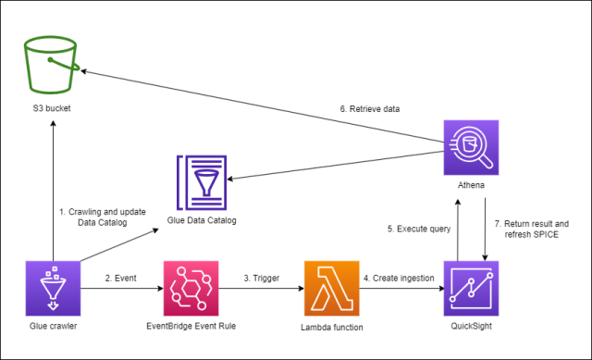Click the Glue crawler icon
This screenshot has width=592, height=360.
(52, 289)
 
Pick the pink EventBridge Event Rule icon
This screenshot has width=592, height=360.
(191, 289)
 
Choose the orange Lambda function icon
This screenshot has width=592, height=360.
(331, 289)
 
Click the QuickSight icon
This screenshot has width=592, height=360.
(471, 289)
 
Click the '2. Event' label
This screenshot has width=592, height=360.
(121, 277)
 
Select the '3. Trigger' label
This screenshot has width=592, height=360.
(262, 277)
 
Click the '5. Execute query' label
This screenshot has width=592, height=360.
(415, 228)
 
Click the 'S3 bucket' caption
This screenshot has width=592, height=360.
(52, 110)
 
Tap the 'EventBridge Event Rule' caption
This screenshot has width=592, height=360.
(191, 328)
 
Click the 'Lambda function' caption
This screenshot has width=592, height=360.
(331, 328)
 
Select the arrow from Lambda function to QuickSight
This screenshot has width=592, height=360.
(401, 289)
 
